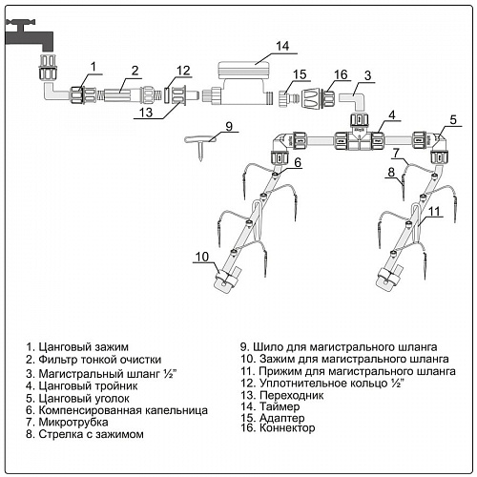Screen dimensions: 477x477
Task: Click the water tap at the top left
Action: [29, 36]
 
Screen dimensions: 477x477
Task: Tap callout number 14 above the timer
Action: [282, 46]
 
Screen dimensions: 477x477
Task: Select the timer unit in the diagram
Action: [244, 83]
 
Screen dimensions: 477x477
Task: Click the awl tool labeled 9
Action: [200, 143]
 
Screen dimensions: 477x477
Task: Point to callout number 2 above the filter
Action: [135, 71]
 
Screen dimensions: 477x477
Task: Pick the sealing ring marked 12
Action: [167, 94]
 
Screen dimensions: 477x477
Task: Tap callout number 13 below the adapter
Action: [146, 113]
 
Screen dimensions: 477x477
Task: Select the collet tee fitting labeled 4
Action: [359, 138]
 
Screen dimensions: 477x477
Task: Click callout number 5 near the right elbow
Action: [453, 120]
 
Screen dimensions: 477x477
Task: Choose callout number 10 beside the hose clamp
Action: [202, 257]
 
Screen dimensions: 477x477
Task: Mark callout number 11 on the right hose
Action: [434, 211]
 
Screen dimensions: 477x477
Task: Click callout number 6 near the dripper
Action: [298, 162]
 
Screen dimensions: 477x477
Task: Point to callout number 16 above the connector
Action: [341, 74]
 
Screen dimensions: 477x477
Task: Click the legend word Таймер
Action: [280, 406]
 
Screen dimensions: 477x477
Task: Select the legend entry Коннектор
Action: [287, 427]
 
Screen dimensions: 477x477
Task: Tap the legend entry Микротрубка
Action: [73, 422]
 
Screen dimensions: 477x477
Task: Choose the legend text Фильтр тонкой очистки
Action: [100, 360]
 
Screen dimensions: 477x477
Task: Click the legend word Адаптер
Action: [282, 418]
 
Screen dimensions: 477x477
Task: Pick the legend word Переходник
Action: [291, 395]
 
